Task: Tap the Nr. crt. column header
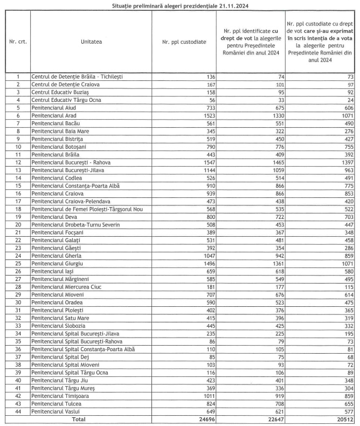18,41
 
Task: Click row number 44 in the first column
18,410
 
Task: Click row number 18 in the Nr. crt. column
18,210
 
